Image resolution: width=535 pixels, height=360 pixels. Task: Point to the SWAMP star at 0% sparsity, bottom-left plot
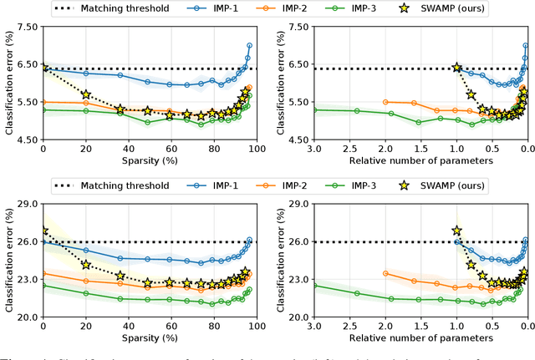coord(43,230)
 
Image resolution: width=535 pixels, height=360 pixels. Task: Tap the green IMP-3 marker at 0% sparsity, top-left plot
coord(43,109)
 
